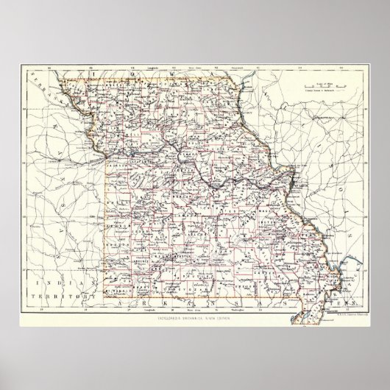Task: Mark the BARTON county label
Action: point(114,239)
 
